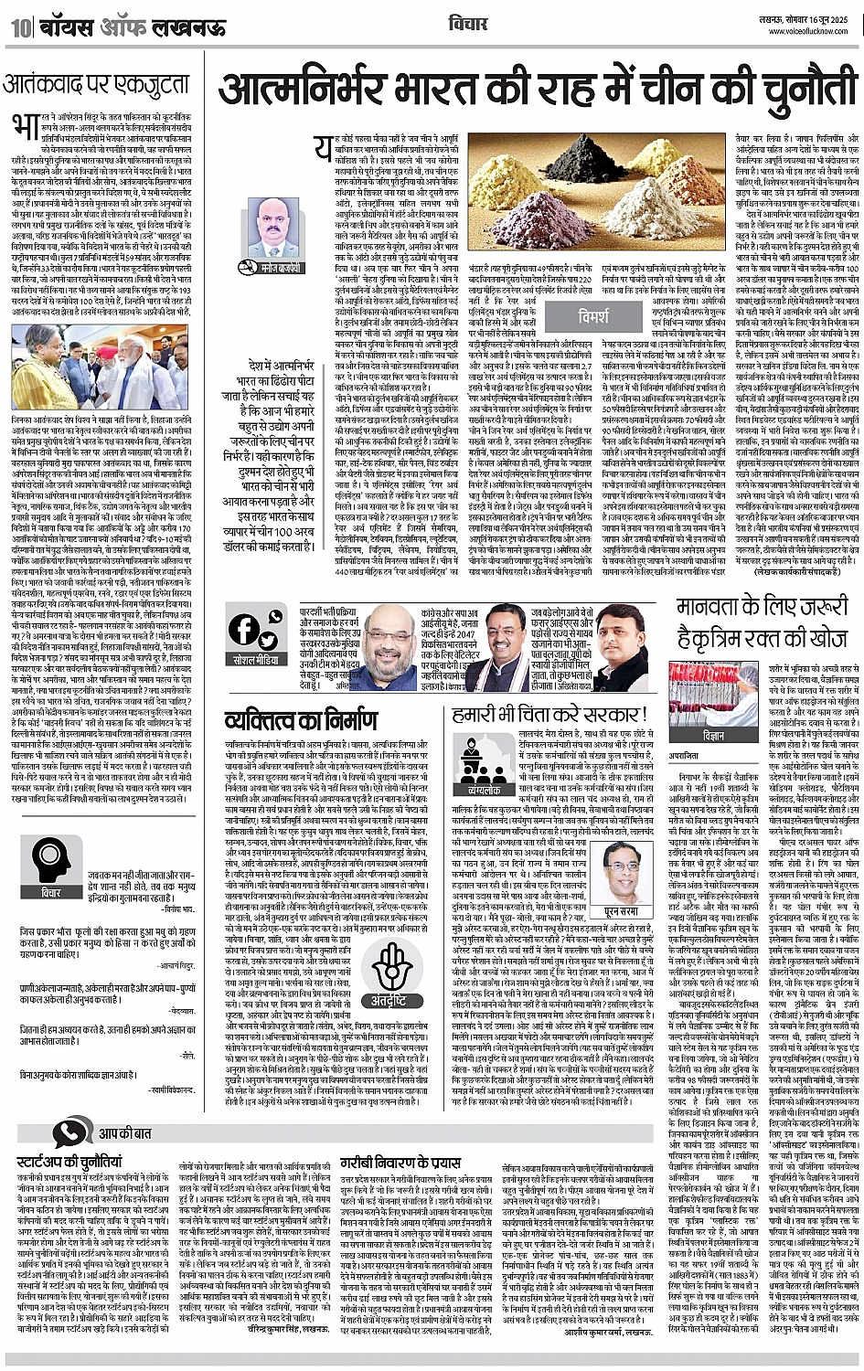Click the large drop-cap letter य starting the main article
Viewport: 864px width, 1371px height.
click(323, 147)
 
